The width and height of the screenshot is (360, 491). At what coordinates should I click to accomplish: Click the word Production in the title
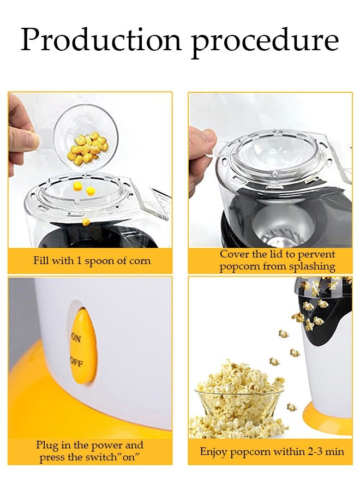point(101,40)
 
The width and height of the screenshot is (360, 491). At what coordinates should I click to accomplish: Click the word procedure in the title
point(265,41)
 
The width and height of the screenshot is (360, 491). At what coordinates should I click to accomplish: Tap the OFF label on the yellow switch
point(76,362)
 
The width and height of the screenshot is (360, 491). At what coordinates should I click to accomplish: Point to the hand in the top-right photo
point(201,158)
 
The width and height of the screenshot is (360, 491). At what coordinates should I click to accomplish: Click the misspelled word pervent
point(316,254)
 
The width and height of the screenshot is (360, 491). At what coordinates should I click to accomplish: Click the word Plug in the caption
point(47,445)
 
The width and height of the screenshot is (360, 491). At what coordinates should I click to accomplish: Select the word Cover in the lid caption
point(235,254)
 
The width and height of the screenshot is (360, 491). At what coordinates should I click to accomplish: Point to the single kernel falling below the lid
point(86,221)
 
